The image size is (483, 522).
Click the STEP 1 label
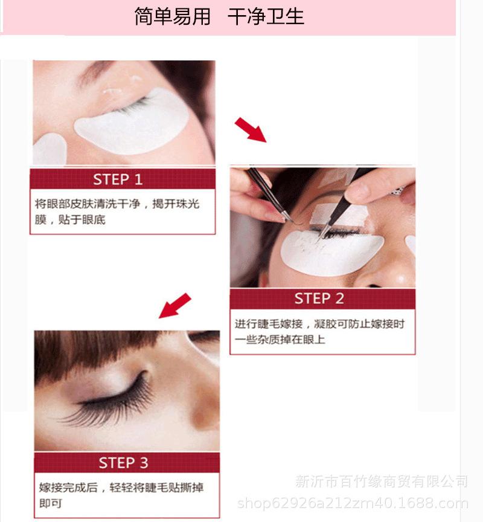[x=118, y=179]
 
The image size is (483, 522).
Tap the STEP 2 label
[x=319, y=298]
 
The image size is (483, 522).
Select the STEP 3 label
[x=123, y=463]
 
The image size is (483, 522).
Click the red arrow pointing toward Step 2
[x=251, y=130]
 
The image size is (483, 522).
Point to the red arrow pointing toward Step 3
[x=175, y=306]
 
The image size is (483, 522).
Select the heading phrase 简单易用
[x=172, y=16]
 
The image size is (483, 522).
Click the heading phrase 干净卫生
[x=266, y=16]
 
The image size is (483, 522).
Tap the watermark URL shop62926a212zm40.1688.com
[x=353, y=503]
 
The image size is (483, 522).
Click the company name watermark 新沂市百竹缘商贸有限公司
[x=382, y=482]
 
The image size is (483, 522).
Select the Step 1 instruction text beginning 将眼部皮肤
[x=117, y=211]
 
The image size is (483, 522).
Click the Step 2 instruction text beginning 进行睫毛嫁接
[x=319, y=332]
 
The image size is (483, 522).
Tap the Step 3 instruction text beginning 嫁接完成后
[x=121, y=495]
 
